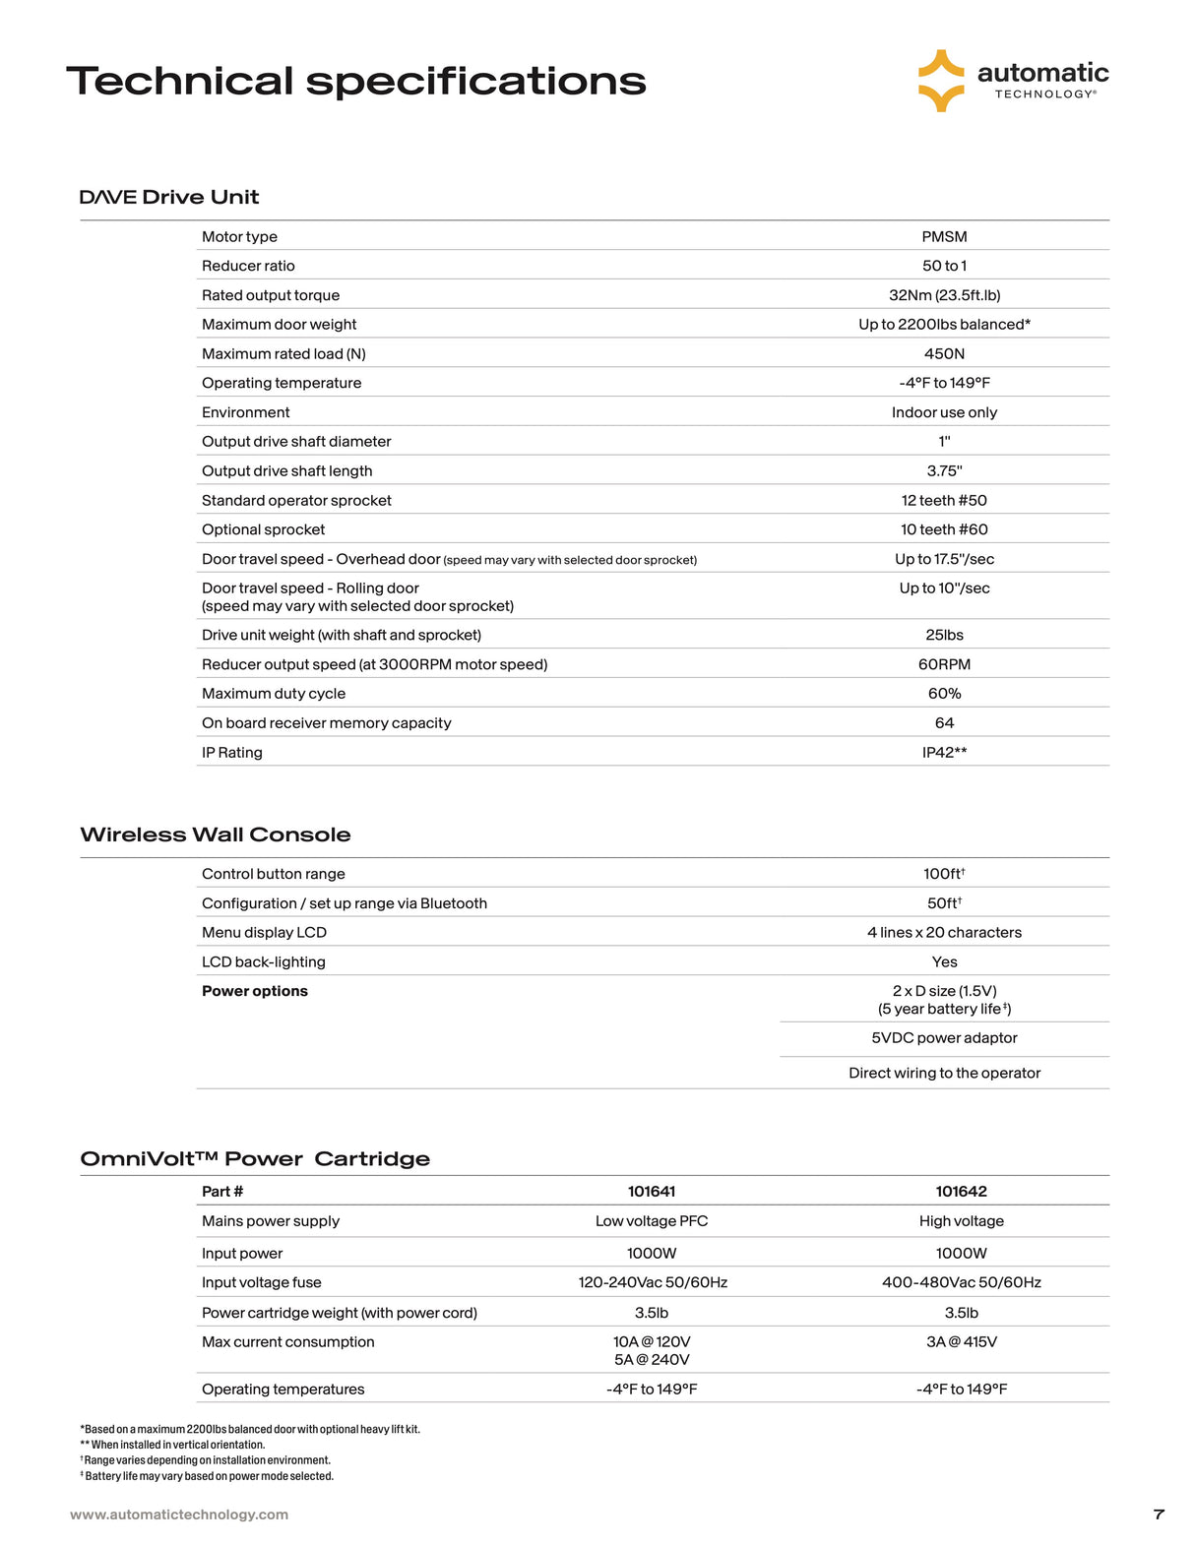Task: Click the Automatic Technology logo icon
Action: click(x=941, y=81)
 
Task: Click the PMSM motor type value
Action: click(x=944, y=236)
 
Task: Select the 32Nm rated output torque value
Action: click(x=944, y=295)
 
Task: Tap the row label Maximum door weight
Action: click(x=279, y=325)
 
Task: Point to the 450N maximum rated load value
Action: click(x=944, y=353)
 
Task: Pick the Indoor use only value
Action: click(x=944, y=412)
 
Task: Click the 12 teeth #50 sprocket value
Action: click(x=944, y=500)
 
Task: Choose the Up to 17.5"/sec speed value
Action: click(x=944, y=559)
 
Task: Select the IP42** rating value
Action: click(x=944, y=752)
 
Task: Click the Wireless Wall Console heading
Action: click(x=215, y=835)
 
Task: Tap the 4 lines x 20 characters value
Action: click(x=944, y=932)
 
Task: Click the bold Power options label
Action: click(x=254, y=991)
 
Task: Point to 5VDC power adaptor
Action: click(x=944, y=1038)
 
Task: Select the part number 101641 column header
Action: click(x=652, y=1192)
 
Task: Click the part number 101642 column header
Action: click(x=961, y=1192)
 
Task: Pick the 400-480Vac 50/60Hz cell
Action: click(x=961, y=1282)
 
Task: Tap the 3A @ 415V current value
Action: click(x=961, y=1341)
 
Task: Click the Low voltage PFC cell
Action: click(x=652, y=1221)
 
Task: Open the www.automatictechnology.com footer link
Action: click(x=179, y=1515)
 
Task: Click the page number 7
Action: click(x=1159, y=1515)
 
